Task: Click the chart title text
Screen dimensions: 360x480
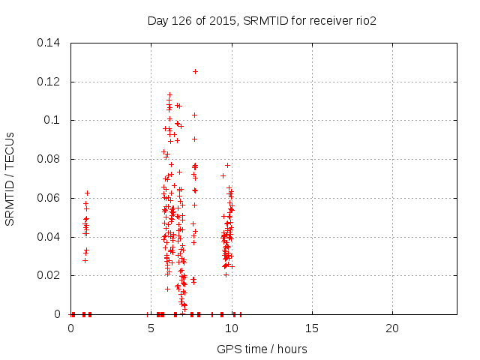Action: click(x=262, y=20)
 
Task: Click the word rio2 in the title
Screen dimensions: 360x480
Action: click(x=365, y=20)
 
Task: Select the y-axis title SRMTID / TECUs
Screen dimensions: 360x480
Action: click(x=10, y=178)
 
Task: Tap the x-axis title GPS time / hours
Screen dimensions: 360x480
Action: click(x=262, y=349)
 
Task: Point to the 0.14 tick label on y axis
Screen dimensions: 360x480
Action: click(x=50, y=42)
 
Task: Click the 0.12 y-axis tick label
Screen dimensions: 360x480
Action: click(x=50, y=81)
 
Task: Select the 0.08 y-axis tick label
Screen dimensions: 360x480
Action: click(x=50, y=159)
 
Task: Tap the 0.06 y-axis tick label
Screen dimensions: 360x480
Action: click(x=50, y=198)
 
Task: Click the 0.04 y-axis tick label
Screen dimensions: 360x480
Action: click(x=50, y=237)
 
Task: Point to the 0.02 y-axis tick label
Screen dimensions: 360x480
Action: click(x=50, y=275)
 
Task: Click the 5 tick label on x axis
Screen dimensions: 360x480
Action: click(x=151, y=328)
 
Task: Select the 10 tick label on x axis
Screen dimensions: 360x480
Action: click(x=232, y=328)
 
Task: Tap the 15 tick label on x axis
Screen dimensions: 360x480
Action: click(x=312, y=328)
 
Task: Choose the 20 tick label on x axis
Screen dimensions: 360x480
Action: click(x=392, y=328)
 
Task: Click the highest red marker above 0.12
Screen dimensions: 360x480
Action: click(x=195, y=71)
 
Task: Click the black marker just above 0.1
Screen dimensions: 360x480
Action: click(x=194, y=115)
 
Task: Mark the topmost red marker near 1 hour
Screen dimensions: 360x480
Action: click(x=87, y=193)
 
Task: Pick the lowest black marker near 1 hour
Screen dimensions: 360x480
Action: click(x=85, y=260)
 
